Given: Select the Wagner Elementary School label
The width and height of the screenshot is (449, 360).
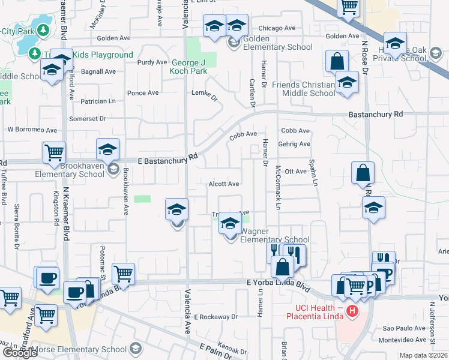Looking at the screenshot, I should pos(275,236).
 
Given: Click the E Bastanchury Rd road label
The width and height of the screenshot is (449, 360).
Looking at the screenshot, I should pos(167,159).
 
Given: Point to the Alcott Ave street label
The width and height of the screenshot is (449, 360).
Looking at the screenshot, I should pos(224,184).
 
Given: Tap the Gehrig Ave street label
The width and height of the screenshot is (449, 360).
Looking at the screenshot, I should pos(295,144).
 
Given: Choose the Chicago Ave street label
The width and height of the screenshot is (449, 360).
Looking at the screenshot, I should pos(277,28).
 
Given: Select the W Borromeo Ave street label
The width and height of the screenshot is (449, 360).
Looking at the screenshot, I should pos(32,130).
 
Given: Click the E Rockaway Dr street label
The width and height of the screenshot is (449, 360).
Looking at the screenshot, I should pos(217,317).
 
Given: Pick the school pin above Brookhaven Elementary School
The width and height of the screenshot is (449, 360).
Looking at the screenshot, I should pos(108,149).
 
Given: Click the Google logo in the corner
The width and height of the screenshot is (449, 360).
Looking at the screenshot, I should pos(19,353).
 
